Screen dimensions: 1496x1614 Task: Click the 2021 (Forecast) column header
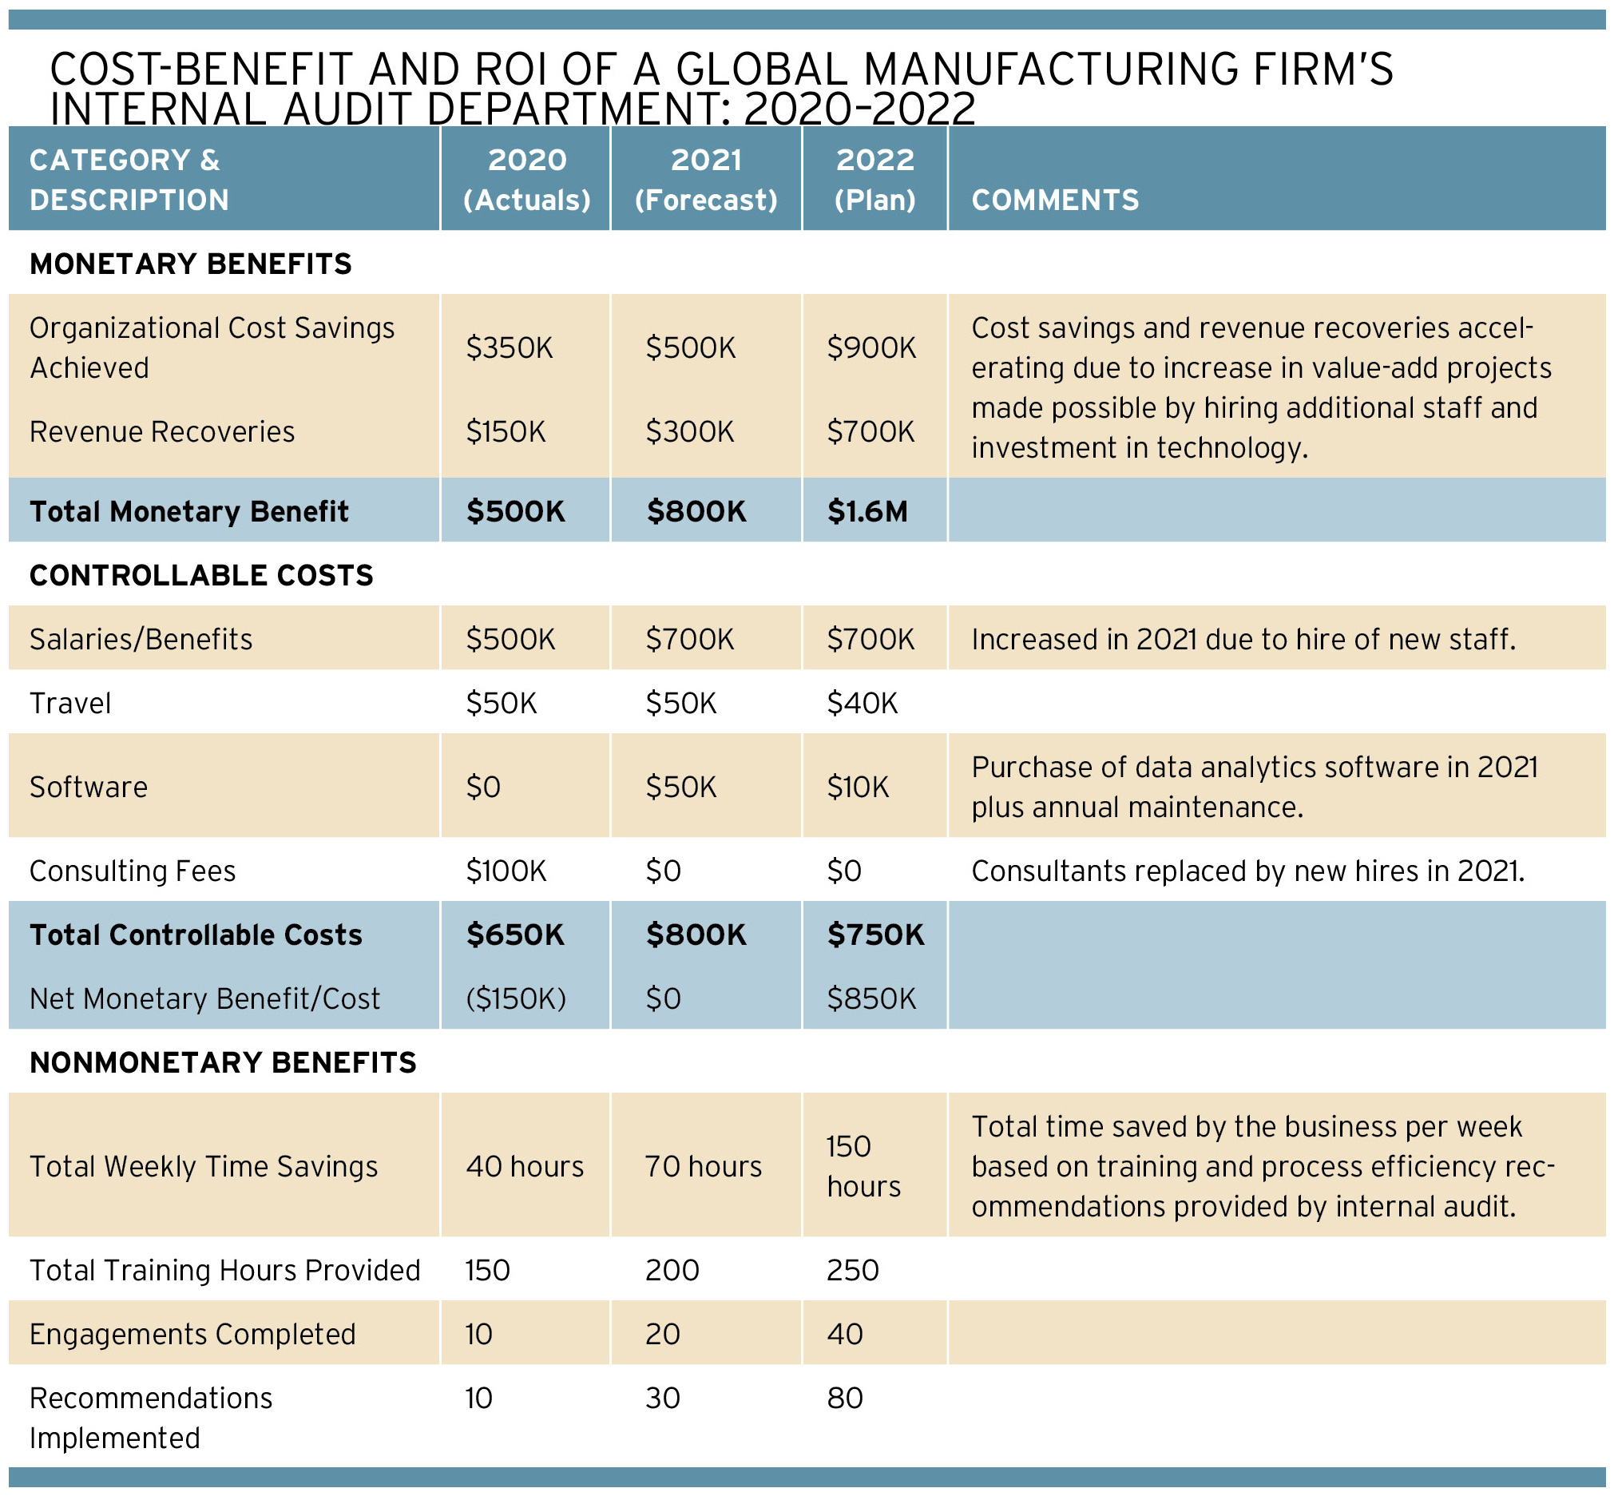[706, 180]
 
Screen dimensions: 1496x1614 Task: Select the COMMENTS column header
[1055, 200]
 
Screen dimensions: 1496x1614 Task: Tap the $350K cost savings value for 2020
[510, 348]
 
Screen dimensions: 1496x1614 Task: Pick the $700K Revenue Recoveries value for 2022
[871, 431]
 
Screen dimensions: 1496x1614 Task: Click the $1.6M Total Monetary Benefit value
[867, 512]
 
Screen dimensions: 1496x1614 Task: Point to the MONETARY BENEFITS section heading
[191, 264]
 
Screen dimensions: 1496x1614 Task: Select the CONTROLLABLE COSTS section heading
[201, 575]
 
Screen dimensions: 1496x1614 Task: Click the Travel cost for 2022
[862, 703]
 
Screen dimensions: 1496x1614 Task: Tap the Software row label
[89, 787]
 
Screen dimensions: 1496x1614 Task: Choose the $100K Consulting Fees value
[506, 871]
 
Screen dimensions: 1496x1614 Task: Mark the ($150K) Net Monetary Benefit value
[516, 999]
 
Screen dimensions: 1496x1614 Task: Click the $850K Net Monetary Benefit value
[871, 999]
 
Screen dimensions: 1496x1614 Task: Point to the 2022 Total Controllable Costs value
[875, 935]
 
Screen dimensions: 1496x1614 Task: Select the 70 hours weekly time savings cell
[704, 1166]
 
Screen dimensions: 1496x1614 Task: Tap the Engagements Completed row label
[192, 1334]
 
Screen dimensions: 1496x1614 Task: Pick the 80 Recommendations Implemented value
[845, 1398]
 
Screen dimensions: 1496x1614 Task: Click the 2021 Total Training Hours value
[672, 1270]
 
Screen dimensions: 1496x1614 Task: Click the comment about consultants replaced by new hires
[1247, 871]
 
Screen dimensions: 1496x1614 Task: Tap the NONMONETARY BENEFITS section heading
[224, 1062]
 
